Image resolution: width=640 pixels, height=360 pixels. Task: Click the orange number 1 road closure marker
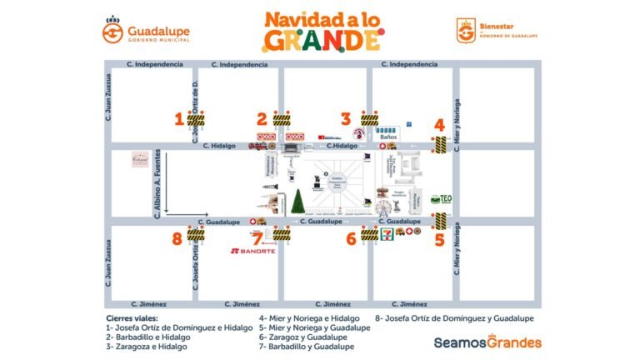(178, 119)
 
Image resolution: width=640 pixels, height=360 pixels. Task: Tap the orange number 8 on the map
(177, 238)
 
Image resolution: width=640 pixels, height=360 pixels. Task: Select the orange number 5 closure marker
(439, 239)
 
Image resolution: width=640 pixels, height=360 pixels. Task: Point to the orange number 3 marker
(346, 119)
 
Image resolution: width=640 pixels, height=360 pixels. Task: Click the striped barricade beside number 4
(439, 144)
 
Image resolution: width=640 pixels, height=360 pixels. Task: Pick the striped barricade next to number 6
(369, 236)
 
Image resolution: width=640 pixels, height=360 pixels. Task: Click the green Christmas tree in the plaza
(297, 202)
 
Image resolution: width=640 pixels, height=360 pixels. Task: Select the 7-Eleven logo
(387, 235)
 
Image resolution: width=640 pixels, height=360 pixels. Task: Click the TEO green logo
(441, 200)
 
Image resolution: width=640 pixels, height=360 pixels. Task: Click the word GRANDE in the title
(322, 39)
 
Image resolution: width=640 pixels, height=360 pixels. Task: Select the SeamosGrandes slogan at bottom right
(487, 342)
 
